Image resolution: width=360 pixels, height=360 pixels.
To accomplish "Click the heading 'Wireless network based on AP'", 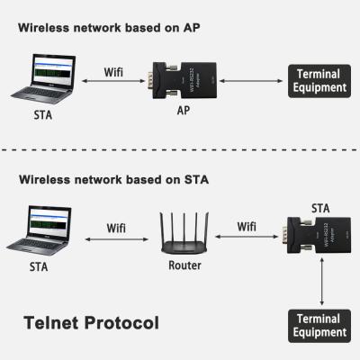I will coord(109,27).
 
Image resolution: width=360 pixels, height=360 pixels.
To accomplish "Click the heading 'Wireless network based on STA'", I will coord(112,179).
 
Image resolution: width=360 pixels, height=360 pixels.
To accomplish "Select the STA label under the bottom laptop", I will coord(40,266).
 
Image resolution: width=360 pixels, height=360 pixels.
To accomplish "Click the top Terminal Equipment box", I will coord(316,82).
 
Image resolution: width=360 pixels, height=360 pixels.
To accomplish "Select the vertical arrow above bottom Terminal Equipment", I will coord(321,285).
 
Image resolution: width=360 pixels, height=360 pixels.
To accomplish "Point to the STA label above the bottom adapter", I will coord(320,207).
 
